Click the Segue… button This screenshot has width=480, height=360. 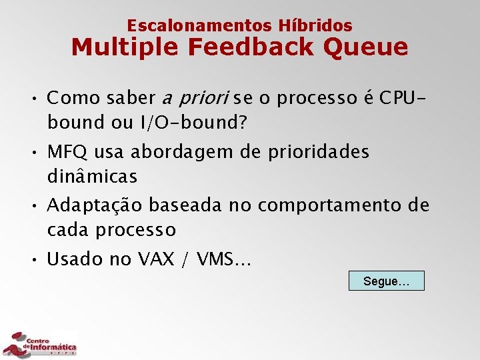[x=386, y=281]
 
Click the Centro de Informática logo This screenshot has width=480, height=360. [x=40, y=343]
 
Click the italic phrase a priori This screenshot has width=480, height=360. [x=196, y=99]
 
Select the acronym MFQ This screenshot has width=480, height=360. [x=67, y=152]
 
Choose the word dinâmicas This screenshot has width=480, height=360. [x=92, y=177]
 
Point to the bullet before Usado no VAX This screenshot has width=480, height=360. [x=32, y=259]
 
